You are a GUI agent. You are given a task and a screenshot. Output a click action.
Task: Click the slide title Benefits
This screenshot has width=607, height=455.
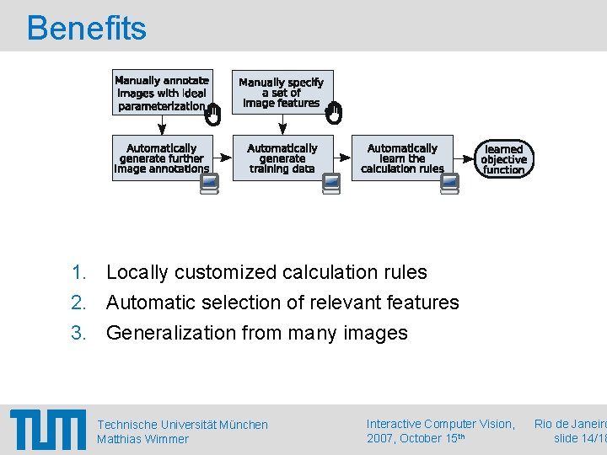87,28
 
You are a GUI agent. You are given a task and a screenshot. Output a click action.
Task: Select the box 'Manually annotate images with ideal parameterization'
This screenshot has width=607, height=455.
162,92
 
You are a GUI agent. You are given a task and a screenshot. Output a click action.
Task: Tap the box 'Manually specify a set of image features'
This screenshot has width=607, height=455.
282,92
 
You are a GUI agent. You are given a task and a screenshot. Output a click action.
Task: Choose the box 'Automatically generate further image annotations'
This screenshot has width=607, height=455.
162,158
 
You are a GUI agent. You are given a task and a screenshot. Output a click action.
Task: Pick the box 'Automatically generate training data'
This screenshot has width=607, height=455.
282,158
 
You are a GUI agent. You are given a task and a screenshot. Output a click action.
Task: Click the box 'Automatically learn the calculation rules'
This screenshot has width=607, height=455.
402,158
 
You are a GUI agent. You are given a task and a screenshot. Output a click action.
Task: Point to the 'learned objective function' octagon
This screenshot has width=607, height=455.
503,158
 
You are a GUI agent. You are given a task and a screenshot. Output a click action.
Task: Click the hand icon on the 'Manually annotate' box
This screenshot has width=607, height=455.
213,115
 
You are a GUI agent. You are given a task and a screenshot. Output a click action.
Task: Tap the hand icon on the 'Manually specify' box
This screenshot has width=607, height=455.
334,114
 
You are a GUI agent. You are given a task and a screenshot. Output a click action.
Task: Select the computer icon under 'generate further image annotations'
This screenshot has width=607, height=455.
210,184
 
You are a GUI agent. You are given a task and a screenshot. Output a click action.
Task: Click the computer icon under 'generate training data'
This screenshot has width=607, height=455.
331,184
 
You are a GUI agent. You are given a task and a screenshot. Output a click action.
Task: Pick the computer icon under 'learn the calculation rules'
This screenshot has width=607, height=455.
449,184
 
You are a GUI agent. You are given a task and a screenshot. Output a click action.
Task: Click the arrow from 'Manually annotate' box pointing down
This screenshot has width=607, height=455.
162,125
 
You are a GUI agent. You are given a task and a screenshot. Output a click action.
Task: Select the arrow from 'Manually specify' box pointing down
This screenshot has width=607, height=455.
282,125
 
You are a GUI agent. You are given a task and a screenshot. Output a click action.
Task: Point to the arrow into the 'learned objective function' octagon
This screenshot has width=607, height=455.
465,158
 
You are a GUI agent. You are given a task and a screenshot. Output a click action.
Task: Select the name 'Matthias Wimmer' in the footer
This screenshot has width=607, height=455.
142,439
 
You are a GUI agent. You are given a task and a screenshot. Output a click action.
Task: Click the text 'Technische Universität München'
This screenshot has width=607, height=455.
182,425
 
